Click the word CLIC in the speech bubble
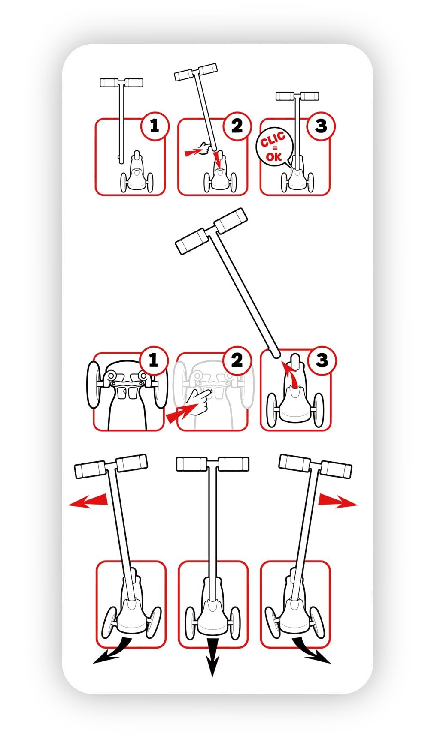pyautogui.click(x=272, y=140)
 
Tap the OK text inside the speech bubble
pyautogui.click(x=273, y=156)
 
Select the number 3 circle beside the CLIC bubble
pyautogui.click(x=321, y=126)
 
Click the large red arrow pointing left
pyautogui.click(x=88, y=500)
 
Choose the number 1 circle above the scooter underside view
pyautogui.click(x=153, y=360)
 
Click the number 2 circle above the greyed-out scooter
pyautogui.click(x=237, y=360)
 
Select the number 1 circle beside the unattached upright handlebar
pyautogui.click(x=154, y=126)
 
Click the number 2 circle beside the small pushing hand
pyautogui.click(x=237, y=126)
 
